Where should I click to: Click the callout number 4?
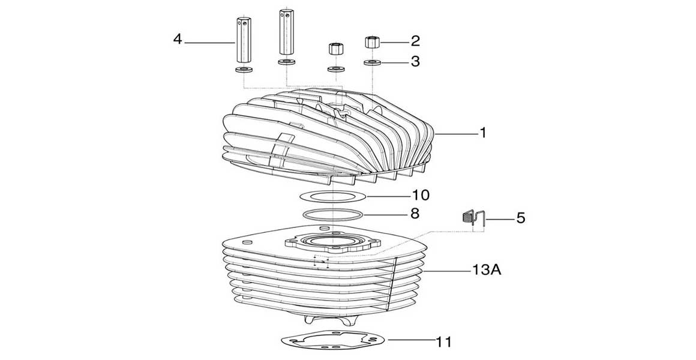click(x=178, y=40)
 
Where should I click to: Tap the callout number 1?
click(x=482, y=133)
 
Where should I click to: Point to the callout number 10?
click(x=421, y=196)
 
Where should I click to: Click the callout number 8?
click(x=415, y=213)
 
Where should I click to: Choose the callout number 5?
click(x=520, y=217)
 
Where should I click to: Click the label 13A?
click(x=487, y=271)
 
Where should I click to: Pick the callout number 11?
click(x=443, y=342)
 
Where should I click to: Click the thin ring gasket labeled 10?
click(x=332, y=196)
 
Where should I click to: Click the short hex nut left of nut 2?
click(x=333, y=49)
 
